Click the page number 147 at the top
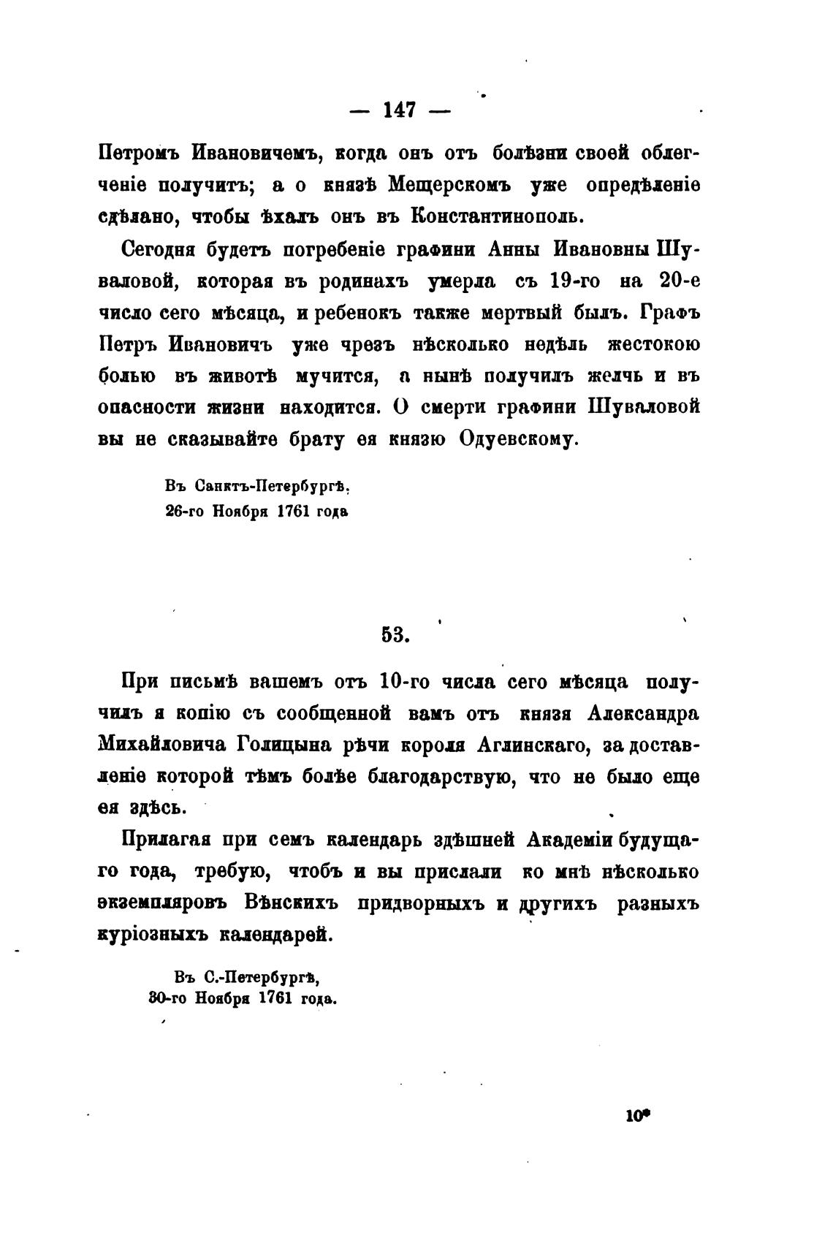coord(399,110)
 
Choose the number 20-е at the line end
coord(680,281)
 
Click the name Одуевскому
coord(519,439)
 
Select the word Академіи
coord(568,840)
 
